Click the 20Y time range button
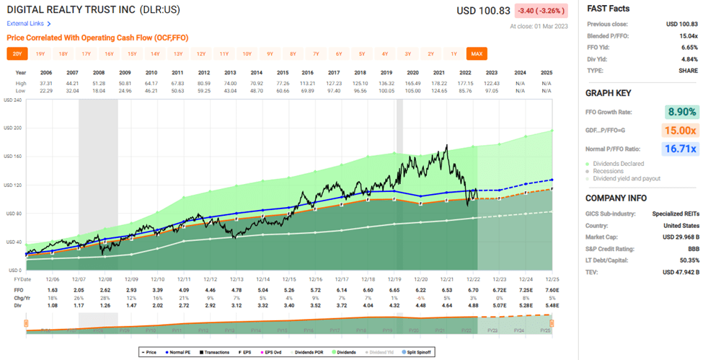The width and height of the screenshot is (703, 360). (x=17, y=53)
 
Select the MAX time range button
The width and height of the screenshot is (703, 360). (x=476, y=53)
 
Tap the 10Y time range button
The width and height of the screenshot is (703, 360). (x=247, y=53)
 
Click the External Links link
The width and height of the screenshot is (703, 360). (x=25, y=24)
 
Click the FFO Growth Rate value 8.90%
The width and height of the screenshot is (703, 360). (x=681, y=111)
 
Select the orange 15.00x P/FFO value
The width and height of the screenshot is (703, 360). (x=681, y=130)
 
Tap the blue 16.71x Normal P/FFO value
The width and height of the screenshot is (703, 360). (x=681, y=149)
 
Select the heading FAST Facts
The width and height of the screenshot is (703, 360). (x=609, y=9)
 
